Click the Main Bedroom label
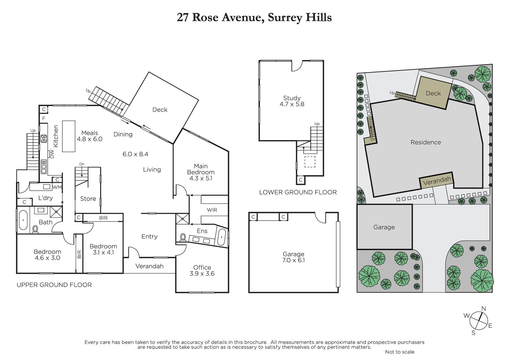(x=201, y=169)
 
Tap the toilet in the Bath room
(x=35, y=229)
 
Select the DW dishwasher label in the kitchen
(x=52, y=154)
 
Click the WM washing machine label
(x=57, y=187)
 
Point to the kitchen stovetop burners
(x=44, y=138)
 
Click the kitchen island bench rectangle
(x=69, y=136)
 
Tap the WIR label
(x=212, y=210)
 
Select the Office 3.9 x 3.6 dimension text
(x=202, y=274)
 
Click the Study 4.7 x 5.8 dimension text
(x=292, y=104)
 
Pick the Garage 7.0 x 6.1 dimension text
(x=293, y=260)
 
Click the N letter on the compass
(x=484, y=309)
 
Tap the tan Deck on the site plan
(x=434, y=93)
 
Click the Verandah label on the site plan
(x=437, y=181)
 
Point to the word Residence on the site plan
(x=426, y=142)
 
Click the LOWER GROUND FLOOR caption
(x=298, y=192)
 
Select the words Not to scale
(x=400, y=352)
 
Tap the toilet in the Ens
(x=183, y=237)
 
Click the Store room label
(x=88, y=199)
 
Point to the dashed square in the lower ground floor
(x=310, y=162)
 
